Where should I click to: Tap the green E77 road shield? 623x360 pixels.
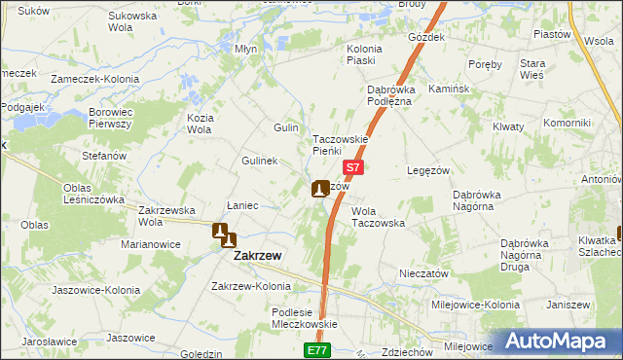tap(315, 349)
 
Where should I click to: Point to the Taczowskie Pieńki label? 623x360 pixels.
tap(340, 144)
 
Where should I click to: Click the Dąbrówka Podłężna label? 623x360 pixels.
tap(391, 95)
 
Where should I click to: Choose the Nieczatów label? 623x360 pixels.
tap(423, 274)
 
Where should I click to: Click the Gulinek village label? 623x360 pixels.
tap(260, 161)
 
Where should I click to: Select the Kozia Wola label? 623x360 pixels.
tap(200, 124)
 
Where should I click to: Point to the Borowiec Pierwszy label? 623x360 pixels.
tap(110, 118)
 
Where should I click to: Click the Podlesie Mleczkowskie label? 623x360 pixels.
tap(304, 318)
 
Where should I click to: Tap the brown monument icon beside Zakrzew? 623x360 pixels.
tap(224, 234)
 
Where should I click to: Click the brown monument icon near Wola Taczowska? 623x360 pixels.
tap(319, 189)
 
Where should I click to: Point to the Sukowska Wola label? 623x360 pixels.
tap(132, 22)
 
